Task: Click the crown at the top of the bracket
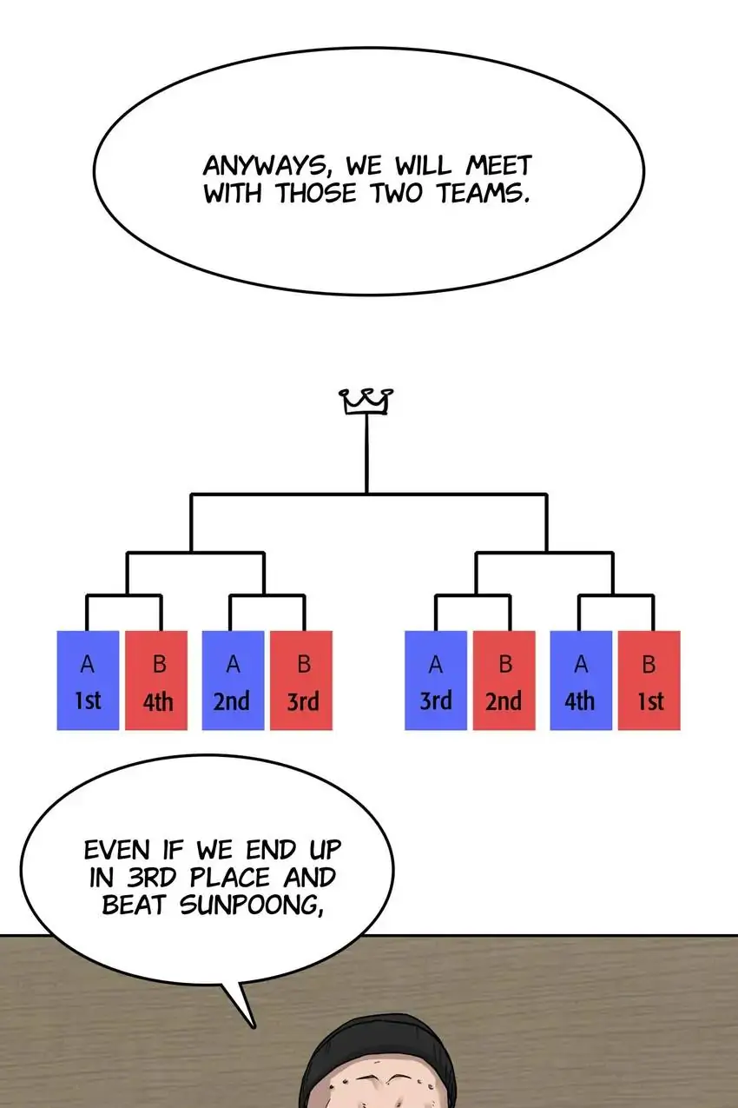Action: (366, 401)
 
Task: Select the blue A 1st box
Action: (88, 680)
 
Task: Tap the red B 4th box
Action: (157, 680)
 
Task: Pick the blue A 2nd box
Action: (233, 680)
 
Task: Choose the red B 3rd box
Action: (302, 680)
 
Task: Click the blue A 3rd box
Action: (436, 680)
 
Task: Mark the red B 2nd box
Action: (504, 680)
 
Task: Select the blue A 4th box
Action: (580, 680)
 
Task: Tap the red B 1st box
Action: (649, 680)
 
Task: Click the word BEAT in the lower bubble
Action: (137, 905)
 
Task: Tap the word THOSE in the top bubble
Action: (319, 193)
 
